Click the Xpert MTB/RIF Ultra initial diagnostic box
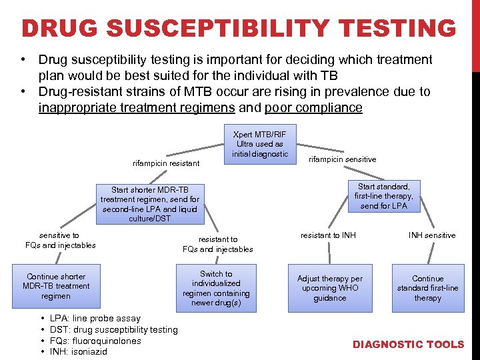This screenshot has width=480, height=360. pos(260,144)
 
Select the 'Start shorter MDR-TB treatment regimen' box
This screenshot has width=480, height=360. pos(150,204)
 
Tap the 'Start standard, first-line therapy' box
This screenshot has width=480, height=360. pos(384,196)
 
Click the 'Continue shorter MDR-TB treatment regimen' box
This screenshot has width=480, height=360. pos(56,286)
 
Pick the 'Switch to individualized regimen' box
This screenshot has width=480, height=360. pos(216,288)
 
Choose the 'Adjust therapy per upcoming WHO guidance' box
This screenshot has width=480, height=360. pos(330,288)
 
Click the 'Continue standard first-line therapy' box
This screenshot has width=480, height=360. pos(427,288)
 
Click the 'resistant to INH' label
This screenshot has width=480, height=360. pos(328,235)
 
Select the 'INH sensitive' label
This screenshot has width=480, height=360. pos(432,235)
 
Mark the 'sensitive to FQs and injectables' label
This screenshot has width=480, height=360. pos(60,240)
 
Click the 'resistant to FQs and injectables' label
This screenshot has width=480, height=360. pos(218,244)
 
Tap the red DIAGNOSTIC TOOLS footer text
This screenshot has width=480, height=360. pos(408,345)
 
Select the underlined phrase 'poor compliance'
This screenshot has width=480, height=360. pos(313,108)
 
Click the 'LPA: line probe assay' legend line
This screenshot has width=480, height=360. pos(95,319)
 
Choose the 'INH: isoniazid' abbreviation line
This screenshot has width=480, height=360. pos(79,351)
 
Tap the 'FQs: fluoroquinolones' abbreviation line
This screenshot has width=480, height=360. pos(95,341)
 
